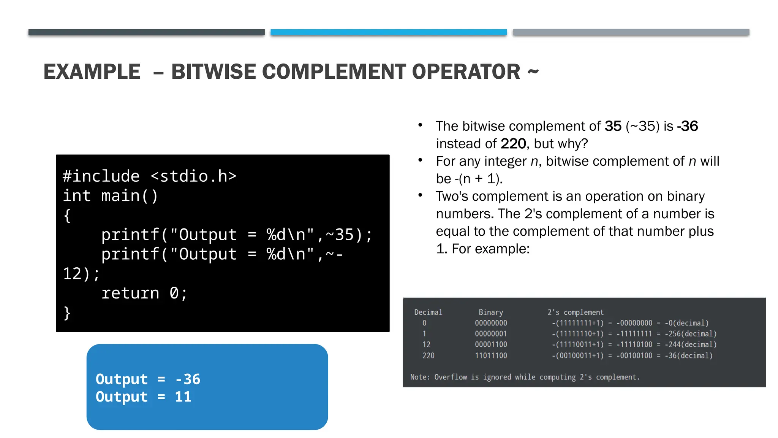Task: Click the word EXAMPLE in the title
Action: point(92,72)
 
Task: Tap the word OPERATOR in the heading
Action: point(466,72)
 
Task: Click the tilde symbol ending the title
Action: point(533,71)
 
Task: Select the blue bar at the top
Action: point(389,32)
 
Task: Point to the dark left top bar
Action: point(146,32)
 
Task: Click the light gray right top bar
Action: point(631,32)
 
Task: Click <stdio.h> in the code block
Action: point(193,176)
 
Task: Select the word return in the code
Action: point(130,293)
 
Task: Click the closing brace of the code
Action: point(67,313)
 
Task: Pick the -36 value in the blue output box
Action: point(188,379)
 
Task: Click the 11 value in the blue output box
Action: point(183,397)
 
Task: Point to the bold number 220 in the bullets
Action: point(513,144)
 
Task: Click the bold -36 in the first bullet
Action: point(687,126)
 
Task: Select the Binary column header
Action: point(490,312)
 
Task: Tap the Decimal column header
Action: point(428,312)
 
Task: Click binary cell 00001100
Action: point(491,344)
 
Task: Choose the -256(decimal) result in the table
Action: point(690,334)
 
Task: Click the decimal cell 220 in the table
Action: point(428,355)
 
